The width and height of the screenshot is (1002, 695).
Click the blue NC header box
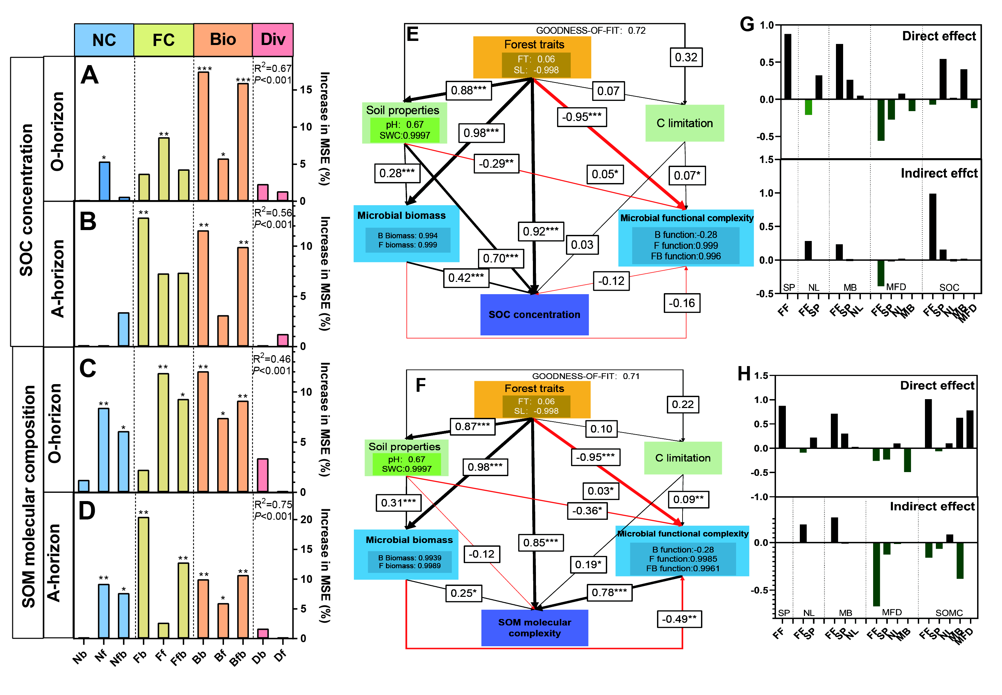pos(104,40)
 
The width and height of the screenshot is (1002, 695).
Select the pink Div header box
pos(273,40)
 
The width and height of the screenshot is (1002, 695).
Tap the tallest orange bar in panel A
pos(203,136)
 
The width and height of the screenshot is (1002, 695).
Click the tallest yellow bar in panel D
pos(143,577)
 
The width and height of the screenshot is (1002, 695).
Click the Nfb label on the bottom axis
pos(118,658)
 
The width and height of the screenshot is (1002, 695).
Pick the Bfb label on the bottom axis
pos(238,658)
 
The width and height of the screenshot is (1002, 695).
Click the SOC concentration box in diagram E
pos(534,314)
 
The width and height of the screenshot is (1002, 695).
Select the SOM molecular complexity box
pos(534,628)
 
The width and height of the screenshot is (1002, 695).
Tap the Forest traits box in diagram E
pos(532,57)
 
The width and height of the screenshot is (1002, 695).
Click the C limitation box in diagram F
pos(682,458)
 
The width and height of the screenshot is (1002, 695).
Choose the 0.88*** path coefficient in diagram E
pos(468,91)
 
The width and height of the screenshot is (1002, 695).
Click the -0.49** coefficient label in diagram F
pos(679,619)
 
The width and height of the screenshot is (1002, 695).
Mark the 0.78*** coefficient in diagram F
pos(609,592)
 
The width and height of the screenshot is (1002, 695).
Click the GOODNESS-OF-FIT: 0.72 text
pos(590,30)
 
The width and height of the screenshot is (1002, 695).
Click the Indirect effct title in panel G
pos(939,173)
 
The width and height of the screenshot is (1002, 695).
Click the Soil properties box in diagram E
pos(404,123)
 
